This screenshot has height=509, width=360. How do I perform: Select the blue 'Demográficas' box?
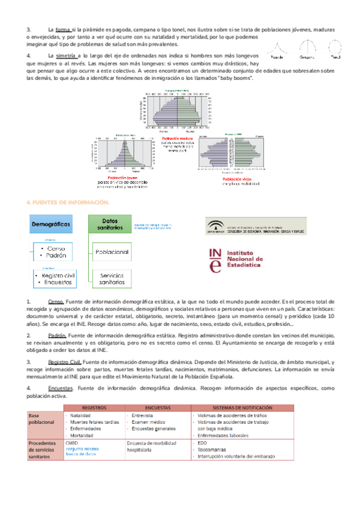[x=50, y=224]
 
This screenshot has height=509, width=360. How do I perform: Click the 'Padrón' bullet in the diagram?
[x=54, y=254]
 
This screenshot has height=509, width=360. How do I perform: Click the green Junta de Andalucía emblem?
[x=214, y=227]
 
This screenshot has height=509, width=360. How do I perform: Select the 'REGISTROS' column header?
[x=95, y=406]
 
